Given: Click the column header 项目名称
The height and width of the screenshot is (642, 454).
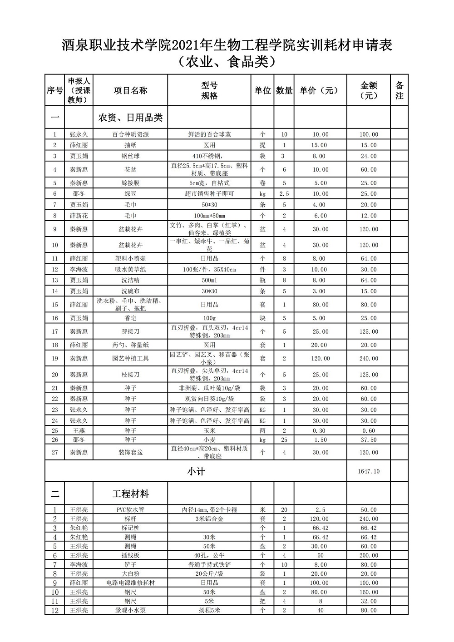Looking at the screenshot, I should tap(130, 90).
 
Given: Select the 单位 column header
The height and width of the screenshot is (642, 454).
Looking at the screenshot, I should tap(262, 90).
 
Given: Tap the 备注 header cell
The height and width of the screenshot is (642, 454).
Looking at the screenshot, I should tap(399, 90).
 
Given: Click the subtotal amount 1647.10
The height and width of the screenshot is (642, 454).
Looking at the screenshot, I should tap(368, 471).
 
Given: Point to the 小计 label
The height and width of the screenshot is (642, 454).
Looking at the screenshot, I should tap(196, 472).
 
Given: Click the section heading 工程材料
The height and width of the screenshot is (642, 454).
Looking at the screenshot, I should tap(130, 494).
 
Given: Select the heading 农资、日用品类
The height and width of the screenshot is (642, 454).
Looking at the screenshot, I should tap(130, 118).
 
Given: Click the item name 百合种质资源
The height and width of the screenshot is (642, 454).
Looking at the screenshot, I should tap(130, 134).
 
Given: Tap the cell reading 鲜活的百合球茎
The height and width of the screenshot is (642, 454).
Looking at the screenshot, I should tap(209, 134).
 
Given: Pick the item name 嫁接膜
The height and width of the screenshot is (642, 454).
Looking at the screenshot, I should tap(130, 183).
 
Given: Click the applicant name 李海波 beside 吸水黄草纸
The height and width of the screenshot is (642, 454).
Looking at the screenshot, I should tap(79, 270).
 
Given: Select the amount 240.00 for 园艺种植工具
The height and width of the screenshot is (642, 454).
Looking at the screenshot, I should tap(368, 359).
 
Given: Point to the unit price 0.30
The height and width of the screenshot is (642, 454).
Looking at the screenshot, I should tap(320, 430).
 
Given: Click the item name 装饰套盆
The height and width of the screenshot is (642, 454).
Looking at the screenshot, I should tap(130, 452).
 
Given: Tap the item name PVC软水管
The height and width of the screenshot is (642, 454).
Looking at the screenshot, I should tap(130, 510).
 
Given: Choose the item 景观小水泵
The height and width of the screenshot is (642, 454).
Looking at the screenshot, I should tap(130, 610).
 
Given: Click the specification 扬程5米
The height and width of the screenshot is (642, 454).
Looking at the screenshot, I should tap(209, 610).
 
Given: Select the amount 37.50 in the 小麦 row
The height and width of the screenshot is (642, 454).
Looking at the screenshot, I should tap(368, 440).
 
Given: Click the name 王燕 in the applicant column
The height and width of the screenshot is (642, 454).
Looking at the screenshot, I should tap(79, 430).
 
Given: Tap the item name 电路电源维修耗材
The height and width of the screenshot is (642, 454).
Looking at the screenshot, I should tap(130, 583).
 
